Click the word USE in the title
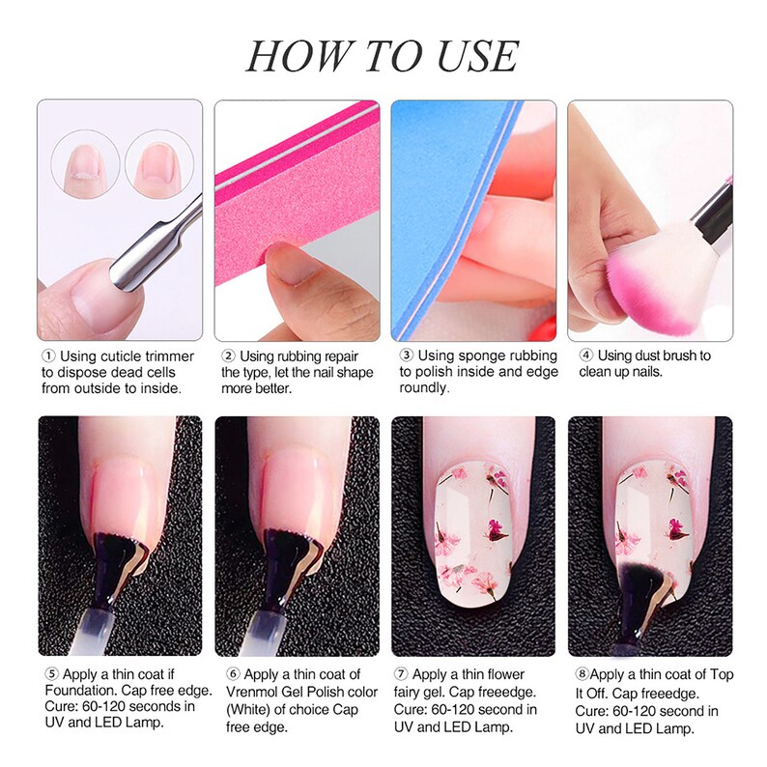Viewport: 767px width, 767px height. pyautogui.click(x=476, y=56)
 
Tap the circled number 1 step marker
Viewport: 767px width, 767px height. pyautogui.click(x=48, y=355)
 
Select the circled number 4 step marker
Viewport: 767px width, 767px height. pyautogui.click(x=586, y=355)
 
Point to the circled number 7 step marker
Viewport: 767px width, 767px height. pyautogui.click(x=401, y=674)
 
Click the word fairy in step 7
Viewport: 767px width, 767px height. pyautogui.click(x=409, y=694)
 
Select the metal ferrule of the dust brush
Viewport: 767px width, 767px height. pyautogui.click(x=712, y=220)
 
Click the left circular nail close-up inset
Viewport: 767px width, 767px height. pyautogui.click(x=85, y=164)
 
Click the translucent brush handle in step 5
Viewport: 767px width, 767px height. pyautogui.click(x=93, y=631)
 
